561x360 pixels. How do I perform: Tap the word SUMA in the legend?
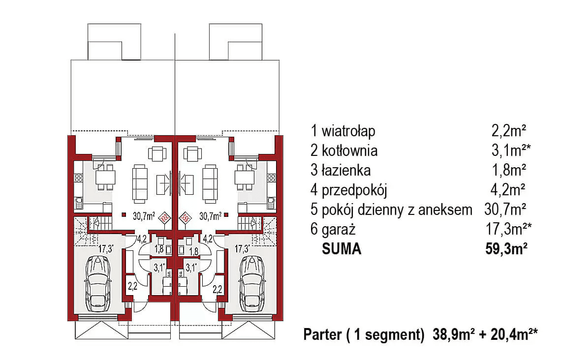(x=342, y=249)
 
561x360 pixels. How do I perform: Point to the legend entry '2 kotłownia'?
(x=344, y=150)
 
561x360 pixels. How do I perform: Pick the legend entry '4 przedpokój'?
(x=349, y=190)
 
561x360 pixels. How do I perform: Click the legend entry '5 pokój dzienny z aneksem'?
(x=391, y=210)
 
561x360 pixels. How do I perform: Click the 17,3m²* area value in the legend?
(x=508, y=229)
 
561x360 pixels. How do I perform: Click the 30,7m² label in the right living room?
(x=210, y=215)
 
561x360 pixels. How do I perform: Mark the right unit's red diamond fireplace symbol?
(x=186, y=216)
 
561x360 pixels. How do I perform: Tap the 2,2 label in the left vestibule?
(x=132, y=285)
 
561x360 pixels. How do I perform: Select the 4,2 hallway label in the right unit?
(x=208, y=240)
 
